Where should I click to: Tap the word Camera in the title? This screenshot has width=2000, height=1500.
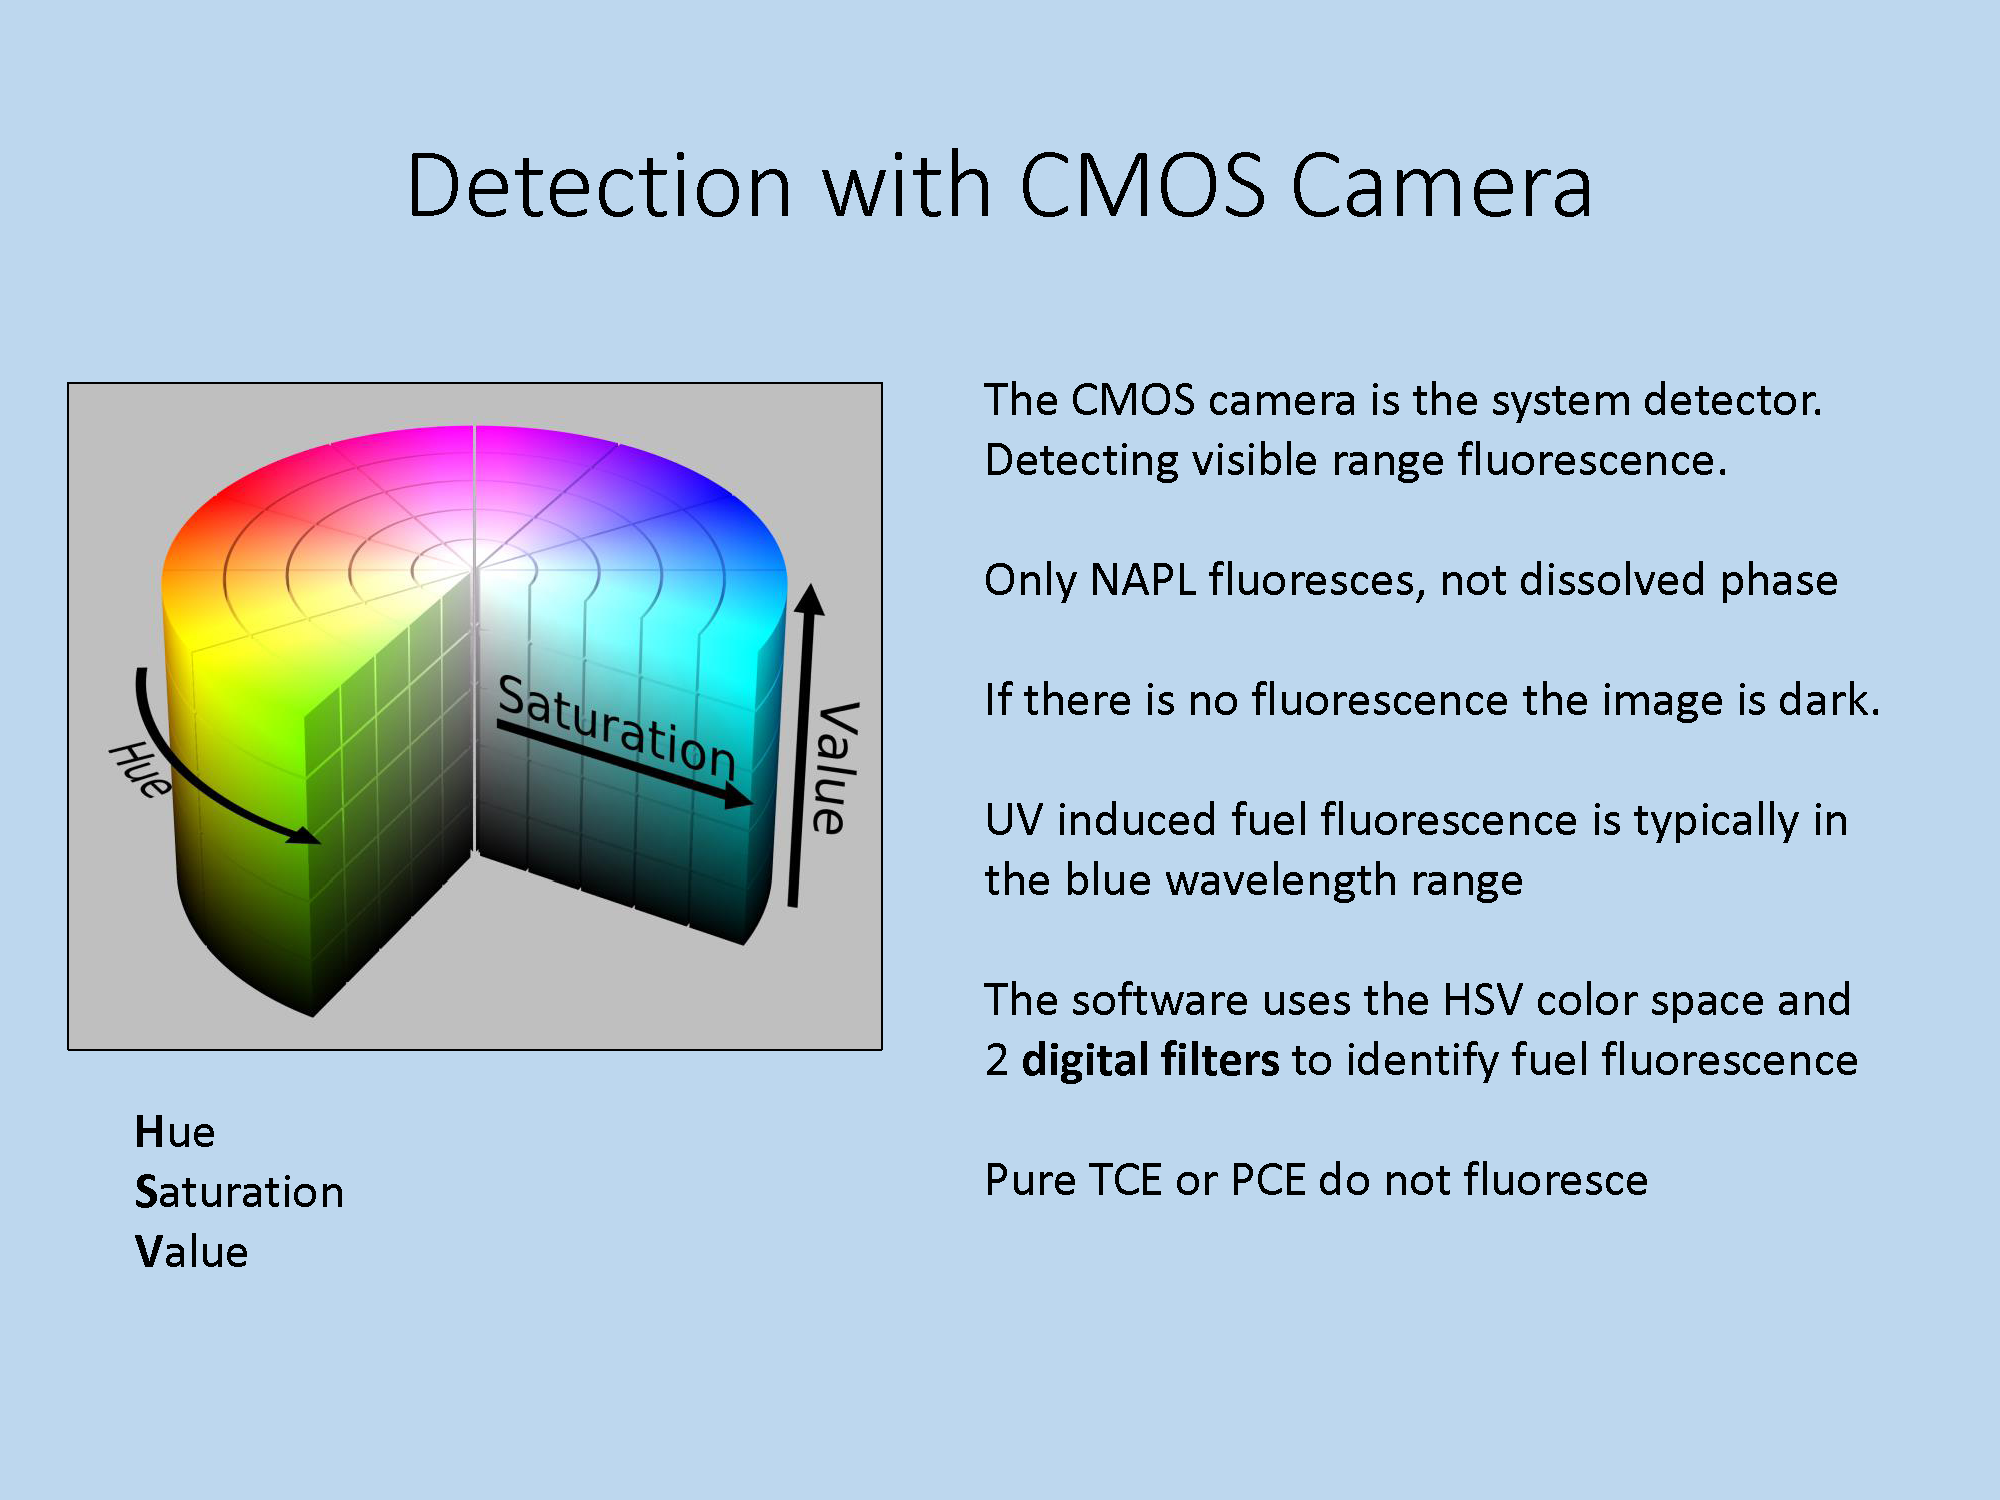coord(1442,187)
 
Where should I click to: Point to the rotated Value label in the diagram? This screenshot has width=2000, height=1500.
coord(834,767)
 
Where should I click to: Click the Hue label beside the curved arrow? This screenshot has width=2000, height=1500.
coord(140,769)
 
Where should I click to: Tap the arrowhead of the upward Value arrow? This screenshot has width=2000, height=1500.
coord(810,599)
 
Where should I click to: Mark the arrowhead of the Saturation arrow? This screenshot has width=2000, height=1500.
coord(738,795)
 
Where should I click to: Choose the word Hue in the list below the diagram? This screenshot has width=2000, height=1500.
coord(175,1132)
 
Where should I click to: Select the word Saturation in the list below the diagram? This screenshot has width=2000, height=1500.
coord(239,1192)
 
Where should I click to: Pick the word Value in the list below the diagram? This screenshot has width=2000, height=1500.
coord(191,1252)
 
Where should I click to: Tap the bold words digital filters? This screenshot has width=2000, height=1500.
coord(1150,1060)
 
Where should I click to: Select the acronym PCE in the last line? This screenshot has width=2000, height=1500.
coord(1268,1180)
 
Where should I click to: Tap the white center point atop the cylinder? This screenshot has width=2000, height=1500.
coord(475,568)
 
